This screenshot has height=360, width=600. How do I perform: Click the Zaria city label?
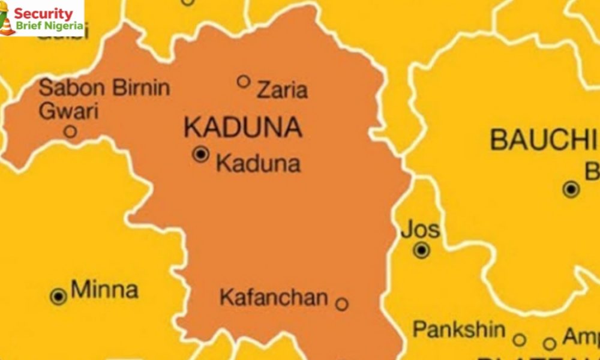(x=282, y=90)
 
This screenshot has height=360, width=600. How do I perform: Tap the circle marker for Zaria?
(x=243, y=81)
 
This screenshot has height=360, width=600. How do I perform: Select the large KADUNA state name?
(x=242, y=127)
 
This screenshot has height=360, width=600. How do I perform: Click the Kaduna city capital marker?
(x=200, y=154)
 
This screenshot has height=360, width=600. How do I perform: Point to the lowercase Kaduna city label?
(x=258, y=163)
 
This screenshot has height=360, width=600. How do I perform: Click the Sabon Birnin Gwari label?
(x=104, y=99)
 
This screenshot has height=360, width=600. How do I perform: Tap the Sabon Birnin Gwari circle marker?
(x=70, y=131)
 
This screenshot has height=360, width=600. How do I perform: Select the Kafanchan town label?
(x=274, y=297)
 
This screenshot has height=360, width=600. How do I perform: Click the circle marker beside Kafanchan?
(x=341, y=304)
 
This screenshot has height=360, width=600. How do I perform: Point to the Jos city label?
(x=420, y=229)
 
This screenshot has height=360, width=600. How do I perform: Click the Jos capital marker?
(x=422, y=250)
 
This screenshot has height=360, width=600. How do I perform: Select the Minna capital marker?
(x=58, y=296)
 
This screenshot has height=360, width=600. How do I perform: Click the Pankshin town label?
(x=460, y=329)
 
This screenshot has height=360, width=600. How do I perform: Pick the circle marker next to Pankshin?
(x=520, y=340)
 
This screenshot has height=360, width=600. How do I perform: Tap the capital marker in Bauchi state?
(x=571, y=190)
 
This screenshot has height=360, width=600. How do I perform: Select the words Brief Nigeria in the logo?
(x=49, y=26)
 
